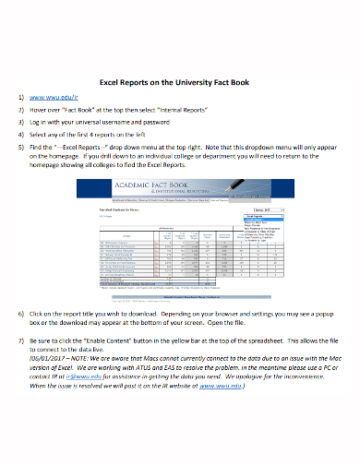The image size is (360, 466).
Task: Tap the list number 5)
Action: [x=22, y=146]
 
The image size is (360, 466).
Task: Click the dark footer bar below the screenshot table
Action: [x=181, y=296]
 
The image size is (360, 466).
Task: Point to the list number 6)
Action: [x=22, y=314]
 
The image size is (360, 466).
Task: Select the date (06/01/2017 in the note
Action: [x=48, y=362]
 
